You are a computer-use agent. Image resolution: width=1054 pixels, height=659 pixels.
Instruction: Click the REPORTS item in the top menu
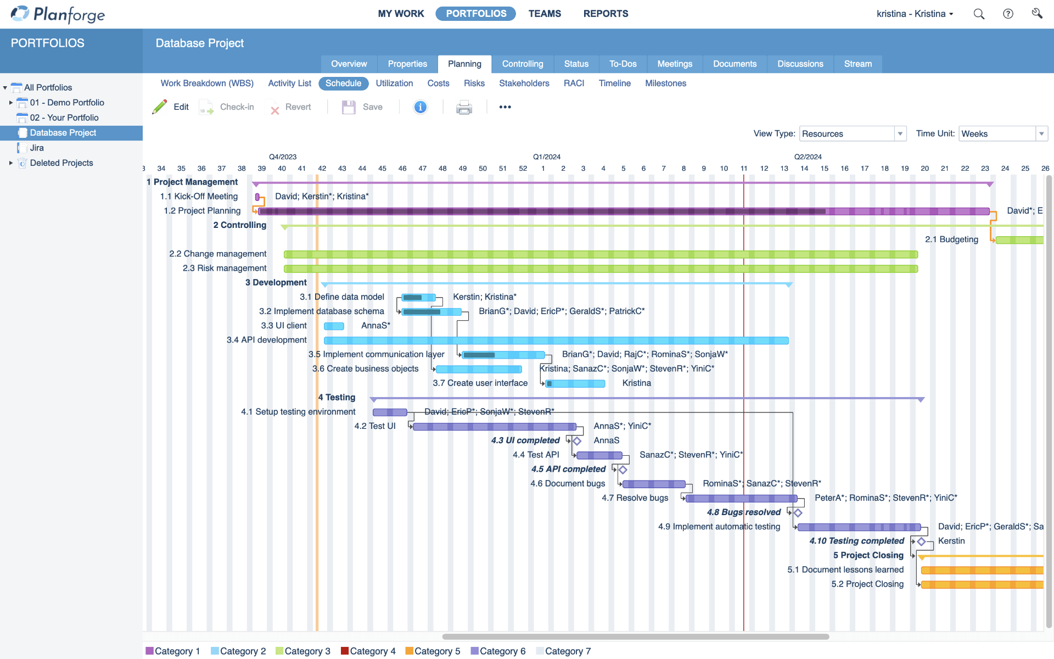[606, 14]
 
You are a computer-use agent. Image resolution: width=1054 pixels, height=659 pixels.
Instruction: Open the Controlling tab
[522, 64]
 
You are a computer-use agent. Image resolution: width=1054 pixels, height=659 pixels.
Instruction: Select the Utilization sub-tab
[394, 83]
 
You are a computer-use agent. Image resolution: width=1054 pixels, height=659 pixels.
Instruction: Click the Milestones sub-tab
[665, 83]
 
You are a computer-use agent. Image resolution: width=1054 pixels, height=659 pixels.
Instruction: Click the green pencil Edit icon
[160, 107]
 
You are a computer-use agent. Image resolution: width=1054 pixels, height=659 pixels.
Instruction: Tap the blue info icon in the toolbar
[421, 107]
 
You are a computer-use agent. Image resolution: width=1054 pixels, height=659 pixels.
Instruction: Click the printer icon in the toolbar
[464, 107]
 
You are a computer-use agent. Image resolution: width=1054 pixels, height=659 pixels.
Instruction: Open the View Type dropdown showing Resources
[853, 133]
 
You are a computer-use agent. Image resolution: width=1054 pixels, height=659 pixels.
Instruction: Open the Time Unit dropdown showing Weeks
[1002, 133]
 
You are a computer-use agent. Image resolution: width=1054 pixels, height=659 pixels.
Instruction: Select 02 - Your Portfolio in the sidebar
[64, 118]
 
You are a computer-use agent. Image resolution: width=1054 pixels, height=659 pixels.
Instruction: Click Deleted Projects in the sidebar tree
[61, 163]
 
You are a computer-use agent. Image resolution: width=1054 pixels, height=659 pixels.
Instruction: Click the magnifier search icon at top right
[979, 14]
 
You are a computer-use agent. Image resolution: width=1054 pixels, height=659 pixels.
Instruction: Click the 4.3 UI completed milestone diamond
[577, 441]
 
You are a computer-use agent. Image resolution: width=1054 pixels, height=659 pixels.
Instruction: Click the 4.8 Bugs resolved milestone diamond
[798, 513]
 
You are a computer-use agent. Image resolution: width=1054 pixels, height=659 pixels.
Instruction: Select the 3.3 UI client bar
[334, 326]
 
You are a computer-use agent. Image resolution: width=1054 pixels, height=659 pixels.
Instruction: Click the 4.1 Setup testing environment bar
[390, 412]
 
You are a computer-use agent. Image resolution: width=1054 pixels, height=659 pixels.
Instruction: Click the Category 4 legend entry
[368, 651]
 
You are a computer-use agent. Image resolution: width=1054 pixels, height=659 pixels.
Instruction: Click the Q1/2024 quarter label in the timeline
[546, 157]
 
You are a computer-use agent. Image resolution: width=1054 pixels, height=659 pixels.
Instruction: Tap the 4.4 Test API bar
[599, 455]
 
